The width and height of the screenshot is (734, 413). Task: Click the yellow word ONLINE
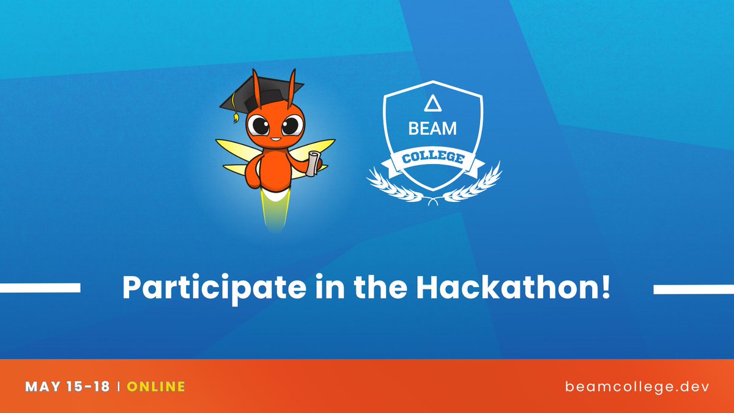pos(156,387)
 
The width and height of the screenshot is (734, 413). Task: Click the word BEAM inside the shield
pos(432,130)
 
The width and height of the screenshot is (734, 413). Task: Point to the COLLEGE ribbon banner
pos(432,160)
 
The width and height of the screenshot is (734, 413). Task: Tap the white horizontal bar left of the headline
pos(40,288)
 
